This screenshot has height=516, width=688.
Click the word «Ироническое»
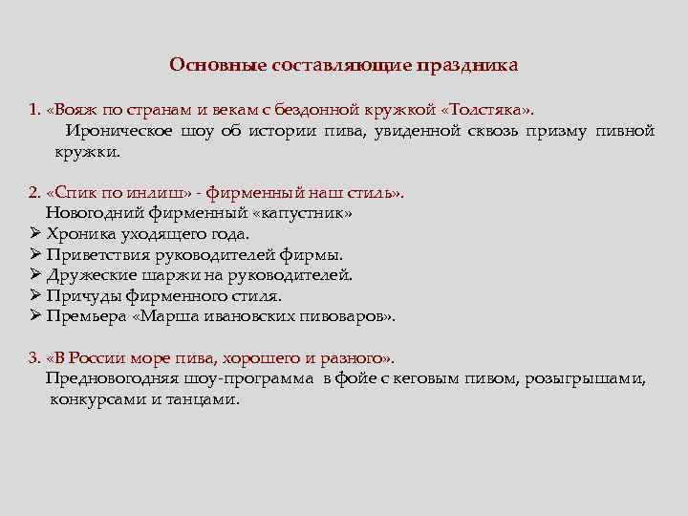tap(118, 130)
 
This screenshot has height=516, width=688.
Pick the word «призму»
tap(557, 130)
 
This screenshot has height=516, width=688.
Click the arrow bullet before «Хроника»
tap(34, 233)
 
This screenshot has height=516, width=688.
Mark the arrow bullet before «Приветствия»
tap(34, 254)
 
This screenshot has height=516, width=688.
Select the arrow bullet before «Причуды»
tap(34, 295)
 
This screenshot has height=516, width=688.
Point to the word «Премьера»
tap(87, 316)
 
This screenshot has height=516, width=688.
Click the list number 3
tap(33, 358)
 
